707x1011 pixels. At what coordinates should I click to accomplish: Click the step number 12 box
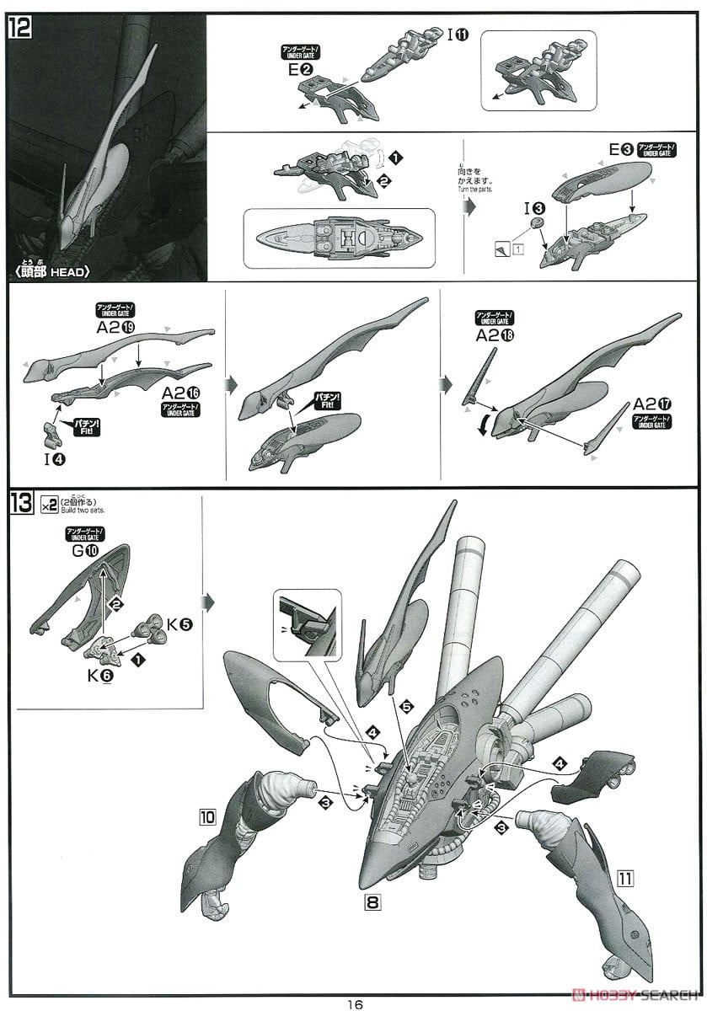(x=20, y=28)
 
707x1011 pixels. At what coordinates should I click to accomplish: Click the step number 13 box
(x=20, y=505)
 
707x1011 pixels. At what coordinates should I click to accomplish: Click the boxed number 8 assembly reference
(x=372, y=901)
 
